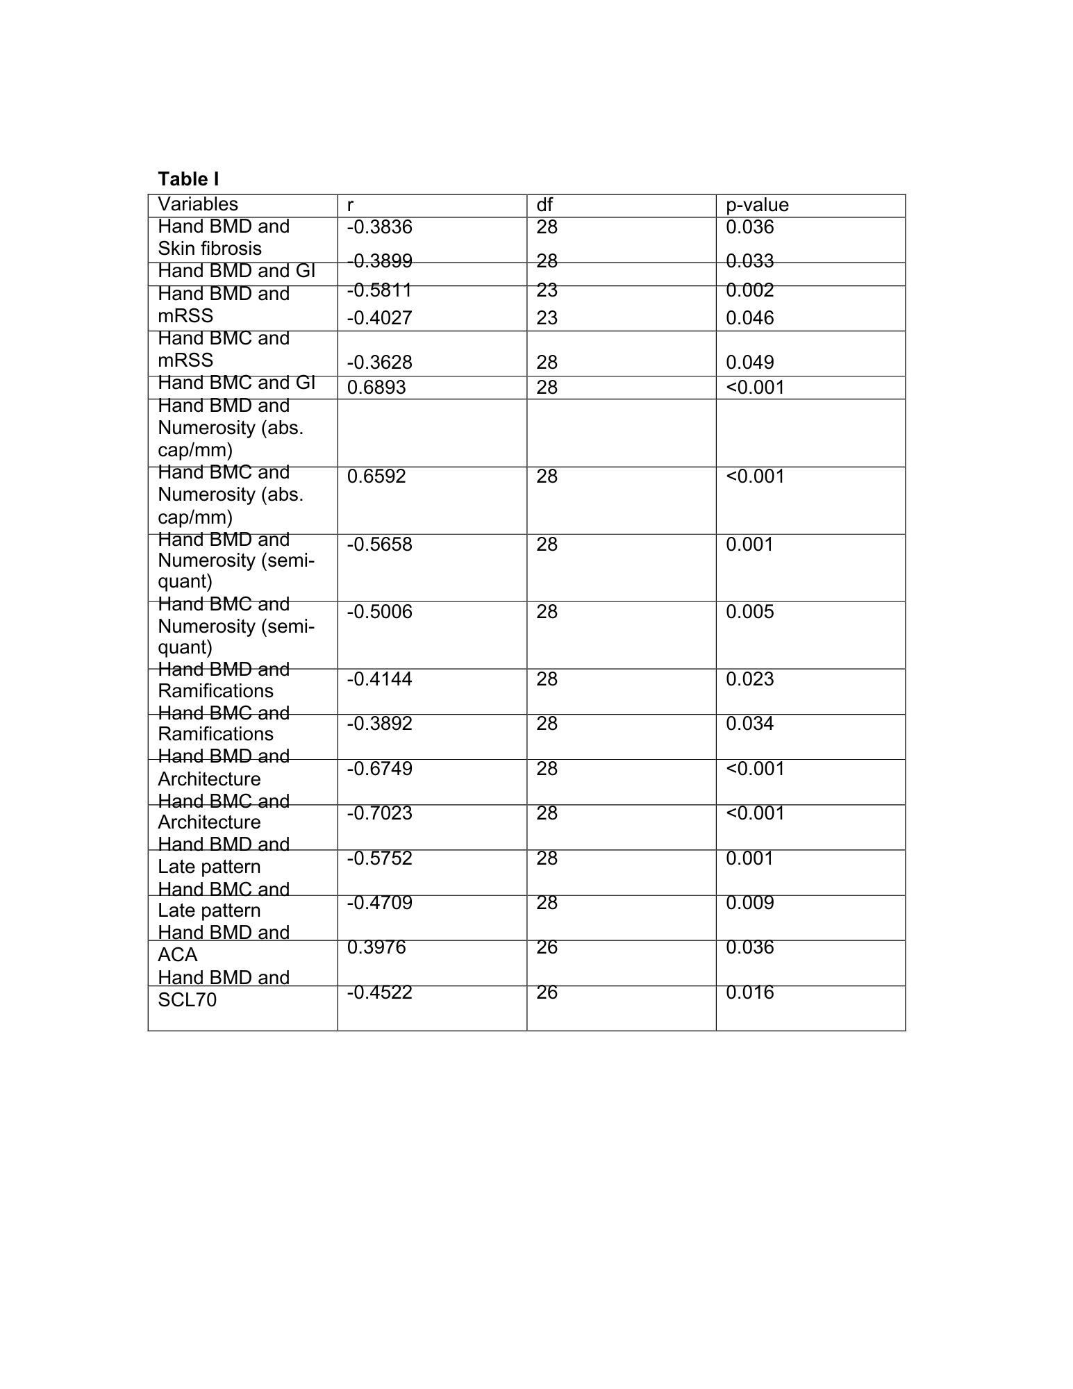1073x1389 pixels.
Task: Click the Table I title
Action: coord(188,179)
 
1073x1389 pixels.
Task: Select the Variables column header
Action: coord(197,204)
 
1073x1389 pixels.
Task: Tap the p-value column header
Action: coord(757,205)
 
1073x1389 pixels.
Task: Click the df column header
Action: coord(544,205)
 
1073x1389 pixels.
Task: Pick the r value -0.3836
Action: coord(379,227)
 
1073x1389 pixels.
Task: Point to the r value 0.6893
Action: coord(376,388)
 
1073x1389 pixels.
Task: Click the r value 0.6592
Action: coord(376,476)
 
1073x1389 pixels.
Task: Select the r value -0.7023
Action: coord(379,813)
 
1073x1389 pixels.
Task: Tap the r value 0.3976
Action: coord(376,948)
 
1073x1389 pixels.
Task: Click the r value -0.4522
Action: coord(379,992)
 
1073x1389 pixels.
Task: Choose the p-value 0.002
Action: coord(749,290)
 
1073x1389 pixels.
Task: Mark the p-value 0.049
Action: coord(749,363)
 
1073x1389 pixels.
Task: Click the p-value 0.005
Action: coord(749,612)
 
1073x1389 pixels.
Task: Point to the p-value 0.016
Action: coord(749,992)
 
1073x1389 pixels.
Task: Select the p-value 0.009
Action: coord(749,903)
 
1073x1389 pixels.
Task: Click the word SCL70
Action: coord(187,1000)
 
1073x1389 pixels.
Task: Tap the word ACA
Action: coord(177,955)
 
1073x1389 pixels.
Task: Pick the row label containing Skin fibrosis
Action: coord(223,238)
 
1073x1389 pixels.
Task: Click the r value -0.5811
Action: coord(379,290)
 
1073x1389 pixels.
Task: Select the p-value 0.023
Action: coord(749,679)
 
